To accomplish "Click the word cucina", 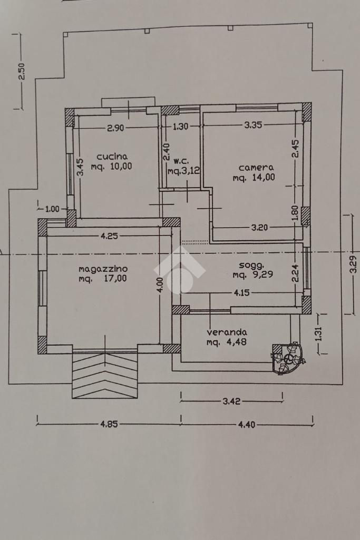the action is pyautogui.click(x=112, y=156).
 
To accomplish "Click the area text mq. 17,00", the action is pyautogui.click(x=103, y=279).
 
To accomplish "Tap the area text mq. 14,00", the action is pyautogui.click(x=254, y=178).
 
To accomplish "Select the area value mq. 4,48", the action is pyautogui.click(x=227, y=342).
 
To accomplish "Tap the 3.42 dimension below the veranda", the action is pyautogui.click(x=231, y=401).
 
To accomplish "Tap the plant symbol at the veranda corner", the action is pyautogui.click(x=288, y=359).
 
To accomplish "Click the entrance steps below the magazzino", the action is pyautogui.click(x=105, y=375).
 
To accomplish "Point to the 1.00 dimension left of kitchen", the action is pyautogui.click(x=52, y=209).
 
